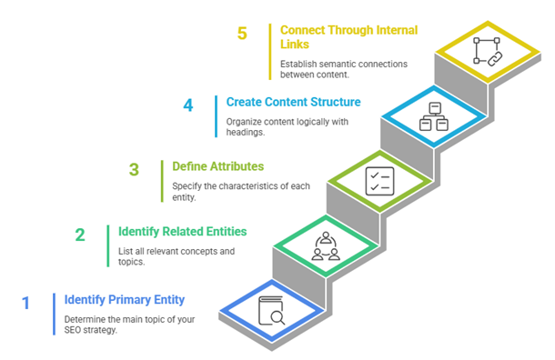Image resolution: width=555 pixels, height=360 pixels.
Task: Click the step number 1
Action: (26, 303)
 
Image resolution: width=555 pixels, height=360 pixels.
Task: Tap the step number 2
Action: (80, 235)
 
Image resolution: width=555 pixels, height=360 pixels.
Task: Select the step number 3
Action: (134, 169)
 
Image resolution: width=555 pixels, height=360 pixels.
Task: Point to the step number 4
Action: (188, 105)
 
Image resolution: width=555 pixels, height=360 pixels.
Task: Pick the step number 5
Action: (242, 34)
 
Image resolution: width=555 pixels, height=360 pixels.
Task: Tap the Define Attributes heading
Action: (218, 166)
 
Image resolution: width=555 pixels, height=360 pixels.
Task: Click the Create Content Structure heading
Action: (293, 102)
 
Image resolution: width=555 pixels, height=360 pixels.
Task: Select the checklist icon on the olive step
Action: (378, 179)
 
